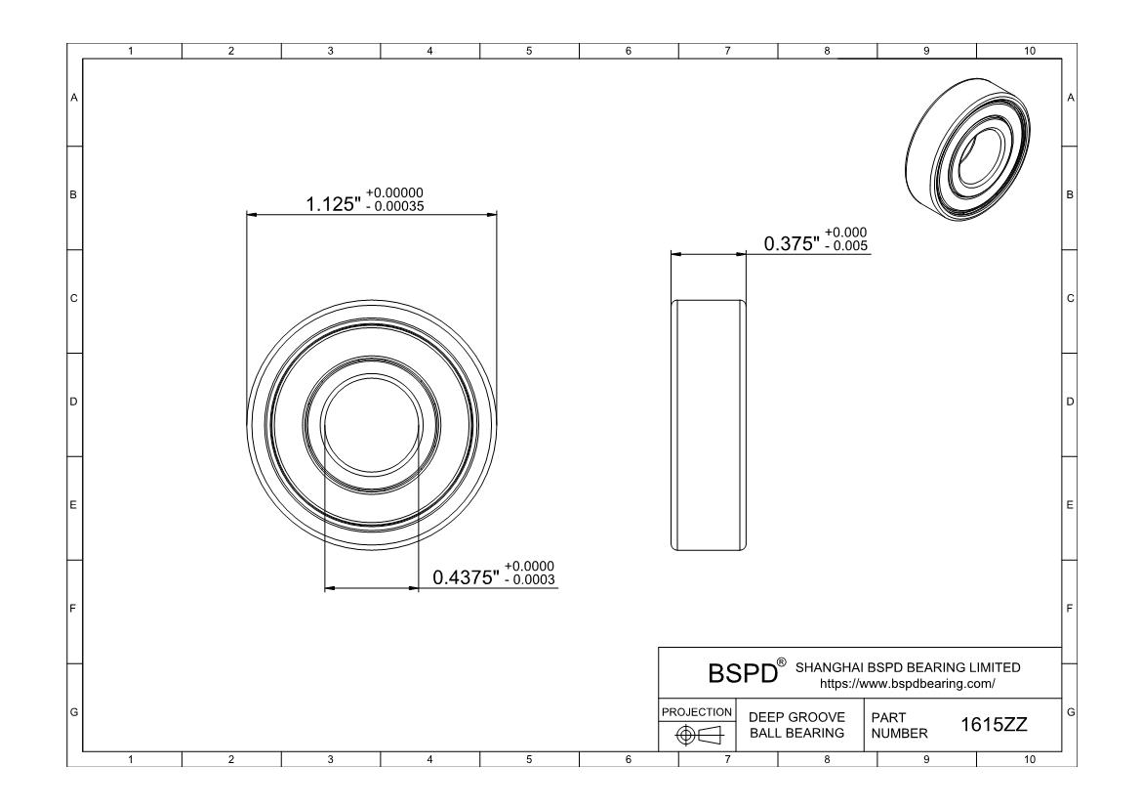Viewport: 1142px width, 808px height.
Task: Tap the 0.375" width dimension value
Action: click(x=791, y=244)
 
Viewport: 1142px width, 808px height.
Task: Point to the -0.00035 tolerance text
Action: click(x=395, y=206)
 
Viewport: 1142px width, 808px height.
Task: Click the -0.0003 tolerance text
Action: click(x=530, y=579)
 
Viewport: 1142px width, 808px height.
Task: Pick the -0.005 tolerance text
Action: click(x=846, y=245)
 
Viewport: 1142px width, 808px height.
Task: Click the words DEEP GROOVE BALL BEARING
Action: click(x=795, y=725)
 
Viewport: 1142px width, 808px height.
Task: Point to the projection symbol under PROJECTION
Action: click(x=697, y=735)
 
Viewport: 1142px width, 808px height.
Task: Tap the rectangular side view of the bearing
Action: click(x=709, y=425)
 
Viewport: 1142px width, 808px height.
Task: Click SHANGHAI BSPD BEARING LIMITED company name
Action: click(x=908, y=667)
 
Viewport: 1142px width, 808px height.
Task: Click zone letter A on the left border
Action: click(x=73, y=98)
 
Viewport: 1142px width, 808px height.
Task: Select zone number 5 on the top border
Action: click(x=528, y=51)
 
